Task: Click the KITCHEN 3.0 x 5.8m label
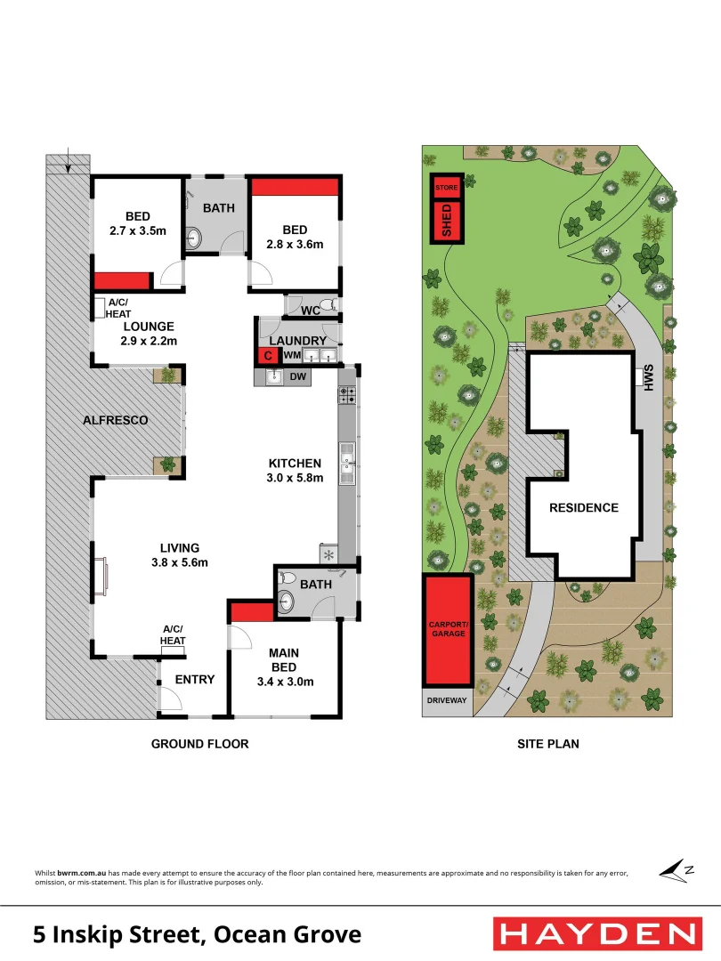(x=296, y=470)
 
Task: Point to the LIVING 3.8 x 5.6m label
(x=179, y=554)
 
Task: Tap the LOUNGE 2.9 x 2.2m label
(x=149, y=334)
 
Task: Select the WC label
(x=310, y=311)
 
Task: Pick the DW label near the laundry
(x=297, y=377)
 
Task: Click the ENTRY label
(x=194, y=679)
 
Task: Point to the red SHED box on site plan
(x=447, y=222)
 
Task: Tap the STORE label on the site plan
(x=447, y=188)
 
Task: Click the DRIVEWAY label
(x=447, y=701)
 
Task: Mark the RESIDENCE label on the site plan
(x=583, y=507)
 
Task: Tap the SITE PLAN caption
(x=547, y=743)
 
